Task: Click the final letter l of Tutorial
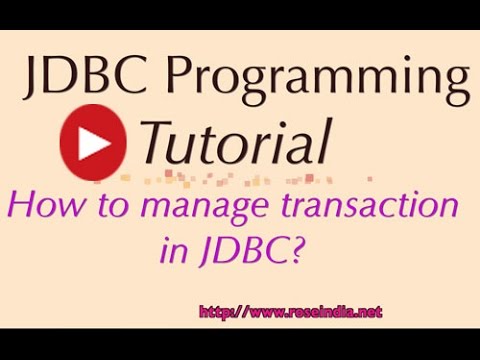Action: (324, 139)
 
